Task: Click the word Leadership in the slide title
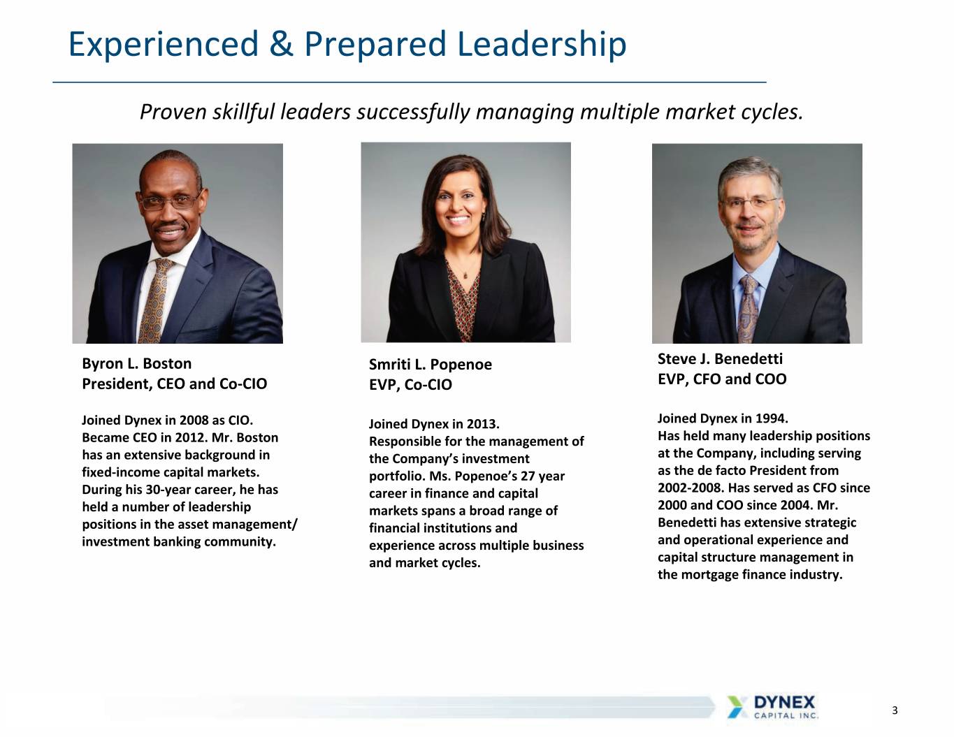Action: coord(542,45)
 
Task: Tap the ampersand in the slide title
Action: coord(281,44)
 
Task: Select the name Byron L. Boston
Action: coord(136,364)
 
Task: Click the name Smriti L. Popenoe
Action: coord(431,365)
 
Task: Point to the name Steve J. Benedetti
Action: coord(720,359)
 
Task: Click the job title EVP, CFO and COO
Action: coord(722,379)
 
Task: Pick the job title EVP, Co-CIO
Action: coord(410,385)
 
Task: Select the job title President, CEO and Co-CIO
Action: coord(174,384)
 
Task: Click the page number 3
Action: coord(895,710)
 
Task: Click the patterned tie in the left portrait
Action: coord(154,301)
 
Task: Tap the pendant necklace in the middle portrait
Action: coord(465,275)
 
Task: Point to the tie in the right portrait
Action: coord(748,309)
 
